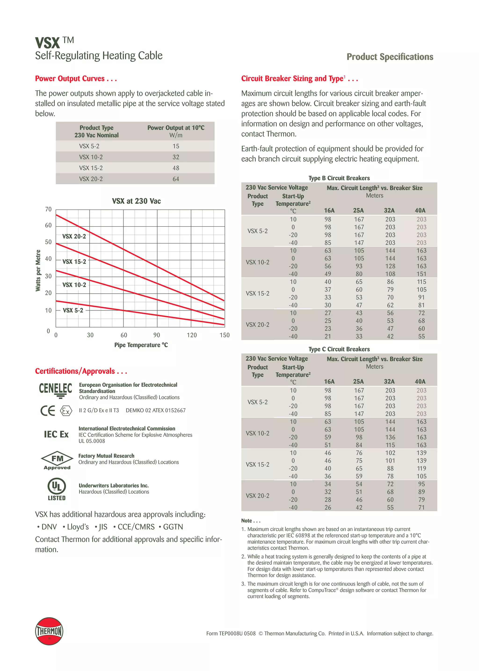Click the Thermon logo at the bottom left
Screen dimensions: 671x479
49,631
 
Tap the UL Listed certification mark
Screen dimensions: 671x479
57,489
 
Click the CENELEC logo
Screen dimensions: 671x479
55,390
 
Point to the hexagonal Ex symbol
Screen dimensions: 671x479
66,410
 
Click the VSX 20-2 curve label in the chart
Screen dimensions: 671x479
74,236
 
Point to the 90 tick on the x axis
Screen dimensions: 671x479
157,335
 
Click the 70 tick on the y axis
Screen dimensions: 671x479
48,209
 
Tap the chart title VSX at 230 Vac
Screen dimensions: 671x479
136,201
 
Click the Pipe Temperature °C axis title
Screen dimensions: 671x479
141,345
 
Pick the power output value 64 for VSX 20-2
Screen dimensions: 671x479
176,179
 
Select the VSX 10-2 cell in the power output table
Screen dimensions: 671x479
91,157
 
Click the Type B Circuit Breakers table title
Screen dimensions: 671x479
339,178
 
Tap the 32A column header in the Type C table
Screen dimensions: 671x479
389,381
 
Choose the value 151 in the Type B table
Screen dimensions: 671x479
421,274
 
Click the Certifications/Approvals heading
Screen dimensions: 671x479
81,371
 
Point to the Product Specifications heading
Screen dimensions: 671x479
390,57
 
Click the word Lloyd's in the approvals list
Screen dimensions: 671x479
78,527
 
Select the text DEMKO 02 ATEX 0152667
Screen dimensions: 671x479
156,410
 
